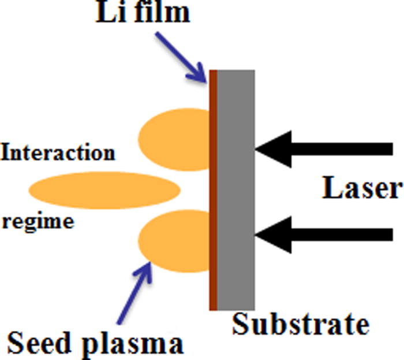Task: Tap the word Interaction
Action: pyautogui.click(x=58, y=154)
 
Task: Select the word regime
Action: pyautogui.click(x=38, y=221)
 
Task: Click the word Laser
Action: pyautogui.click(x=361, y=190)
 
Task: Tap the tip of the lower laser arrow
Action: pyautogui.click(x=257, y=234)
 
